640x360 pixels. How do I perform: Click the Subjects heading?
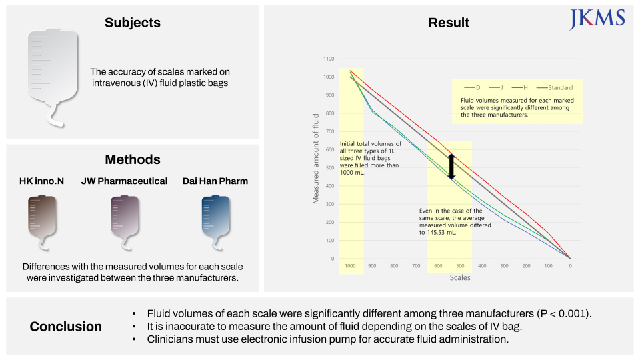pos(133,23)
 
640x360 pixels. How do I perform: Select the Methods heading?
pos(133,159)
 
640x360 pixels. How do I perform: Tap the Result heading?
pos(449,22)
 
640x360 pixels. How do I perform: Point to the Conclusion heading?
pos(66,327)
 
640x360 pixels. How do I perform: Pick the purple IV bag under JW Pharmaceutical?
pos(124,219)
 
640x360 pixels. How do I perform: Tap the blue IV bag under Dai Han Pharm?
pos(215,219)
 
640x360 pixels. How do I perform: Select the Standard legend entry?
pos(559,88)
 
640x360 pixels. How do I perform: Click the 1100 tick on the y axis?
pos(328,59)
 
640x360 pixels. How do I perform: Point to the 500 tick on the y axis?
pos(330,168)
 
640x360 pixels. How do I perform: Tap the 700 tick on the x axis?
pos(416,266)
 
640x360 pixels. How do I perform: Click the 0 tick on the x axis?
pos(570,266)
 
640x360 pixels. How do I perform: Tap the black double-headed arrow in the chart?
pos(451,166)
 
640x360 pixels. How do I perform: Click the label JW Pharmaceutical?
pos(124,181)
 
